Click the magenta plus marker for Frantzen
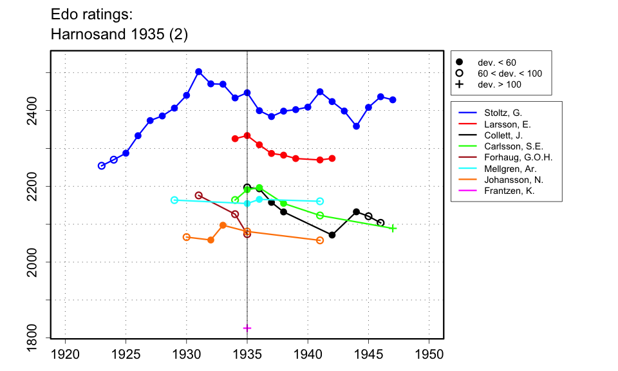click(x=247, y=328)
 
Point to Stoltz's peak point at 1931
click(x=198, y=71)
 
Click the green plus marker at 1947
click(x=393, y=228)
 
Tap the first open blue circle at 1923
click(x=102, y=166)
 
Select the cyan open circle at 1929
click(x=174, y=200)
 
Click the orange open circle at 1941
click(x=320, y=240)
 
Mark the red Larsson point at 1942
click(x=332, y=158)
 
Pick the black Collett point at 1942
click(x=332, y=235)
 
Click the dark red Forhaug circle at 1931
click(x=198, y=195)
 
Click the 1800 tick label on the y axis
click(x=42, y=338)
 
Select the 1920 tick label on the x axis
click(x=65, y=354)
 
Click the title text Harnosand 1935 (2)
click(x=119, y=35)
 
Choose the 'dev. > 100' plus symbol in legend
click(x=459, y=84)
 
